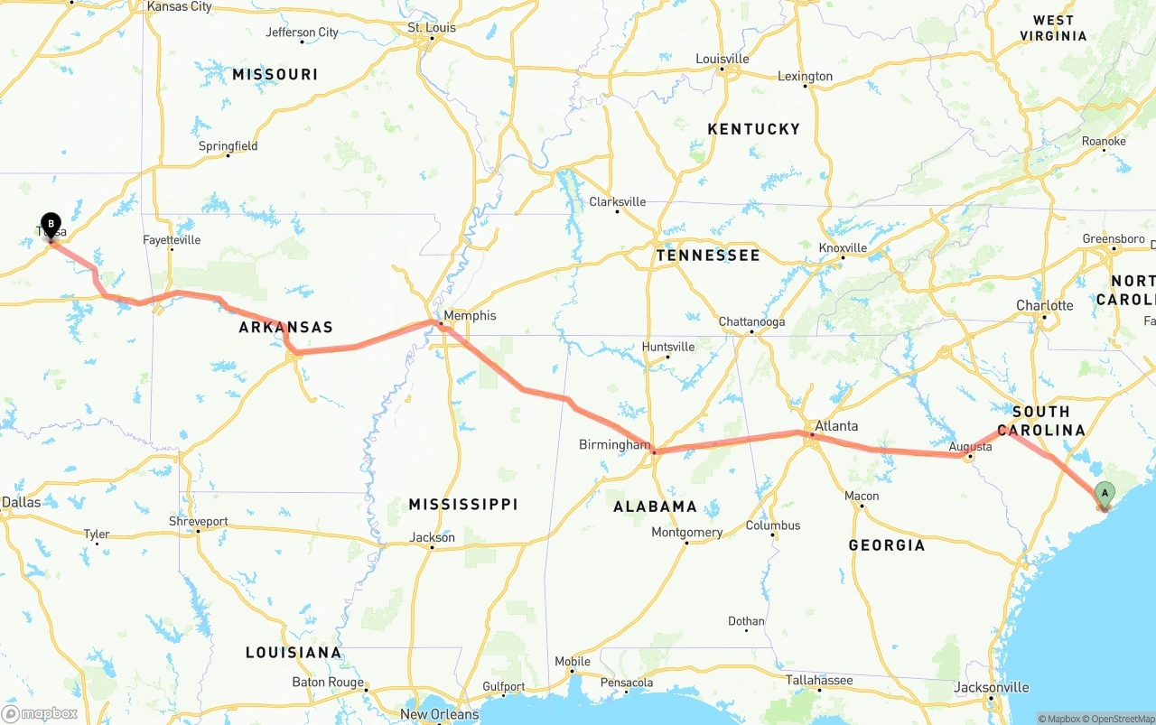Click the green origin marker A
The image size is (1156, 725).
[1105, 494]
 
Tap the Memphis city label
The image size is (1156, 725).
[470, 315]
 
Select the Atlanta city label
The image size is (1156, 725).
[836, 425]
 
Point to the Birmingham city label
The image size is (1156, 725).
[614, 444]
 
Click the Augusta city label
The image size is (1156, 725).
[970, 446]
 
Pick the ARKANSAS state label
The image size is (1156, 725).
[285, 327]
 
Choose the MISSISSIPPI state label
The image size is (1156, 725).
[462, 504]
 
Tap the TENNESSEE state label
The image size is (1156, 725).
[708, 256]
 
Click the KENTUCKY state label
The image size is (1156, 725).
[753, 129]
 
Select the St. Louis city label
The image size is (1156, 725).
[432, 27]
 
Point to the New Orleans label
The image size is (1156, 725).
[440, 714]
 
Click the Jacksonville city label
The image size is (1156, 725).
[991, 687]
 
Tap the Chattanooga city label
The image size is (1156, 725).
[751, 321]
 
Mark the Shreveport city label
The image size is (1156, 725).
[199, 521]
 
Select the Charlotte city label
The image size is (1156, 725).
[1044, 305]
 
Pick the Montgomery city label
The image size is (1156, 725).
[686, 532]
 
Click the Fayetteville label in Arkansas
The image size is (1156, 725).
[172, 240]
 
